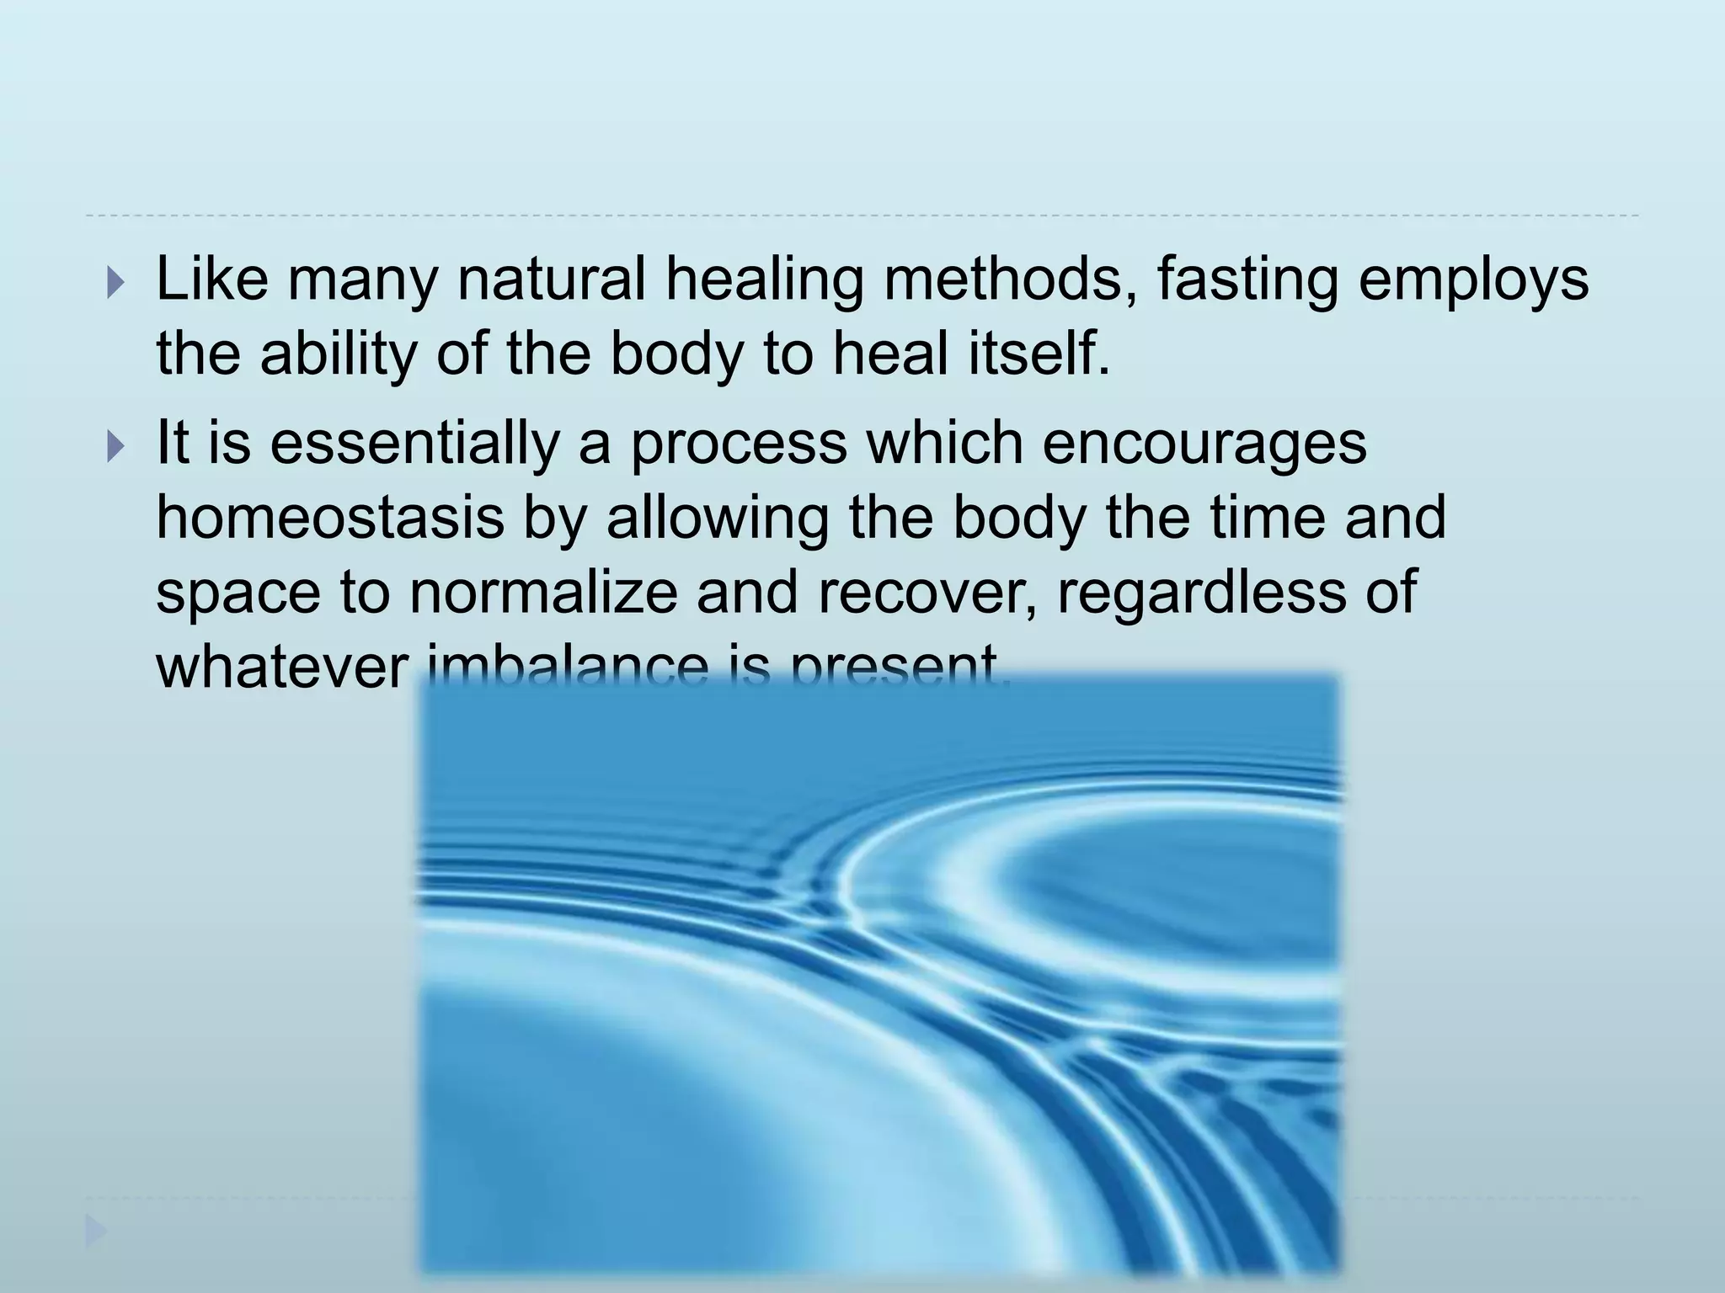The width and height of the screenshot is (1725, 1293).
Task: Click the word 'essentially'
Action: click(414, 443)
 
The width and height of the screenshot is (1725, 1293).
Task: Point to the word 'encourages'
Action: click(1204, 443)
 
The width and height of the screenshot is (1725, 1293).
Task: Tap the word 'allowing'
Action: click(717, 517)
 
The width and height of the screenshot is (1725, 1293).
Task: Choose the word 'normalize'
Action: click(543, 591)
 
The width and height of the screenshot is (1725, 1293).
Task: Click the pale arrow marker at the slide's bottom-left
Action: click(95, 1233)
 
